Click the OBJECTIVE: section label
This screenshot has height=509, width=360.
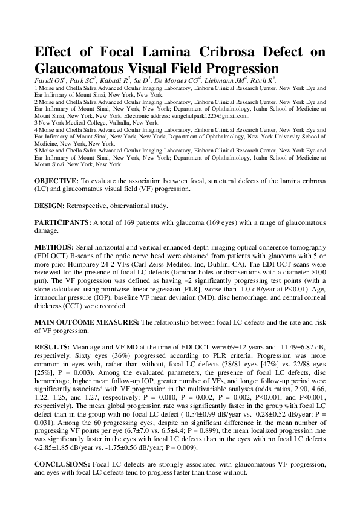pos(56,181)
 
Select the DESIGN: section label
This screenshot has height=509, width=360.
pos(50,206)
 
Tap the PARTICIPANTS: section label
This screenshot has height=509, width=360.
pos(63,223)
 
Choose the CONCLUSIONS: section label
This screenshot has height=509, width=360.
pos(62,464)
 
